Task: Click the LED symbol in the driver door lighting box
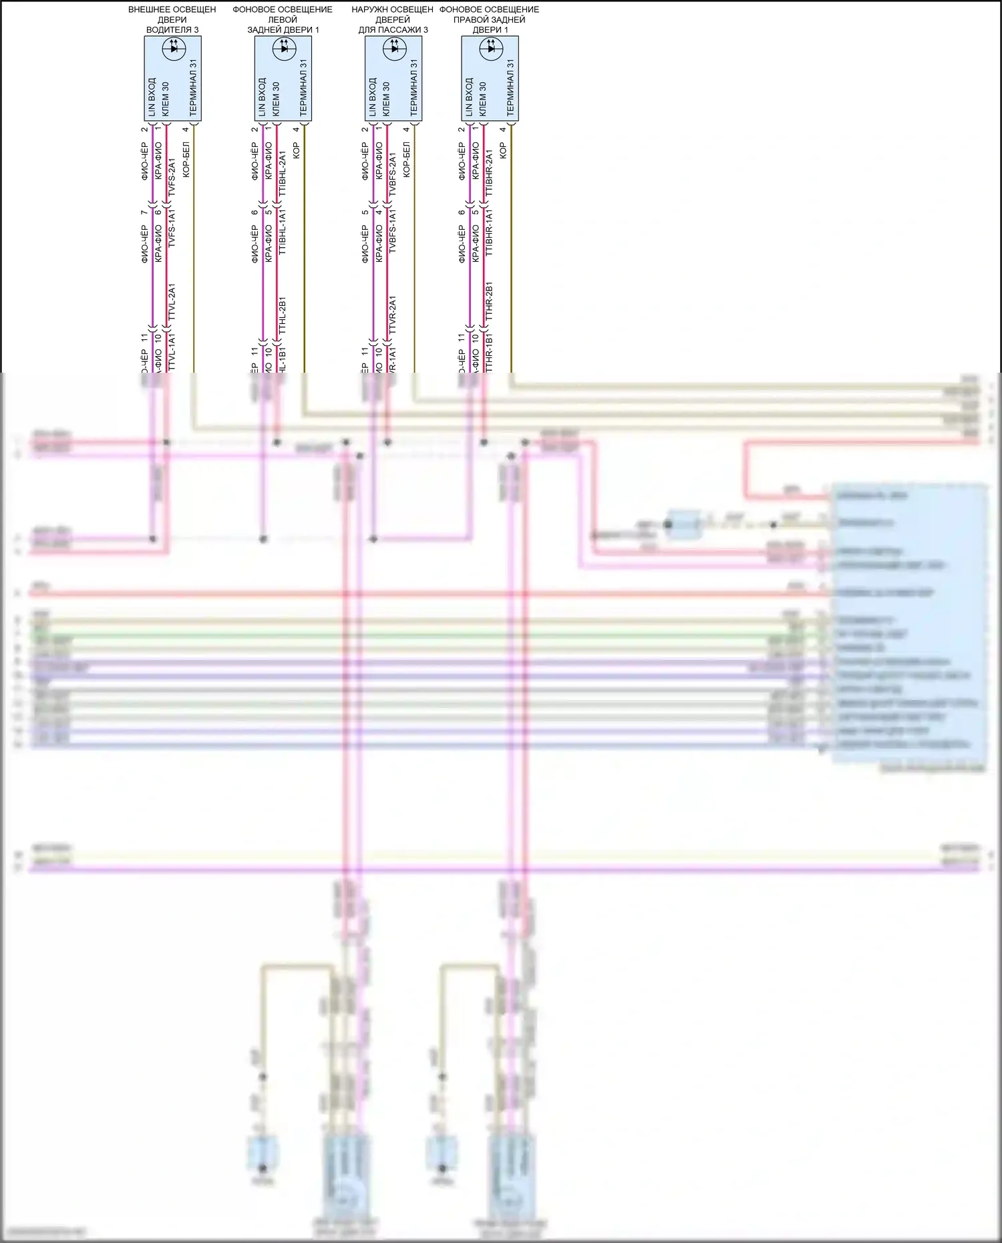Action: (x=174, y=48)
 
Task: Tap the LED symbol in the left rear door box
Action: (x=285, y=48)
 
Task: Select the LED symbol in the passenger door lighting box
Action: (x=395, y=48)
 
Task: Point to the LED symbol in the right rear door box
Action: (x=492, y=48)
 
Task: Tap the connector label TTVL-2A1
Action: (x=172, y=304)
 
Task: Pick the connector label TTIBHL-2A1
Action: (x=282, y=174)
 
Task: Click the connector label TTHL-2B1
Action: (x=282, y=315)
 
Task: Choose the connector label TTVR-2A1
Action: (x=392, y=315)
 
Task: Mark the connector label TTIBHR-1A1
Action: (x=489, y=232)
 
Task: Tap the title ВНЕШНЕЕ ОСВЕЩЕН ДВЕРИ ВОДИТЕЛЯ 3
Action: (x=172, y=19)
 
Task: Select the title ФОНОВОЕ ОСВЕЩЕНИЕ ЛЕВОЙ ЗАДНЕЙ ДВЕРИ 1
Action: (x=283, y=19)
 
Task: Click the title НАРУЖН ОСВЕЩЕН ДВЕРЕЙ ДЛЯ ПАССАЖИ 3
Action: (x=393, y=19)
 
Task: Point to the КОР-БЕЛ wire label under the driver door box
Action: (x=186, y=160)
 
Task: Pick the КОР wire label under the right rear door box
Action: (x=503, y=150)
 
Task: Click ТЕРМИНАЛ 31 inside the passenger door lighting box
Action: (x=413, y=87)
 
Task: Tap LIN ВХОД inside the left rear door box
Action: (x=262, y=97)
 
